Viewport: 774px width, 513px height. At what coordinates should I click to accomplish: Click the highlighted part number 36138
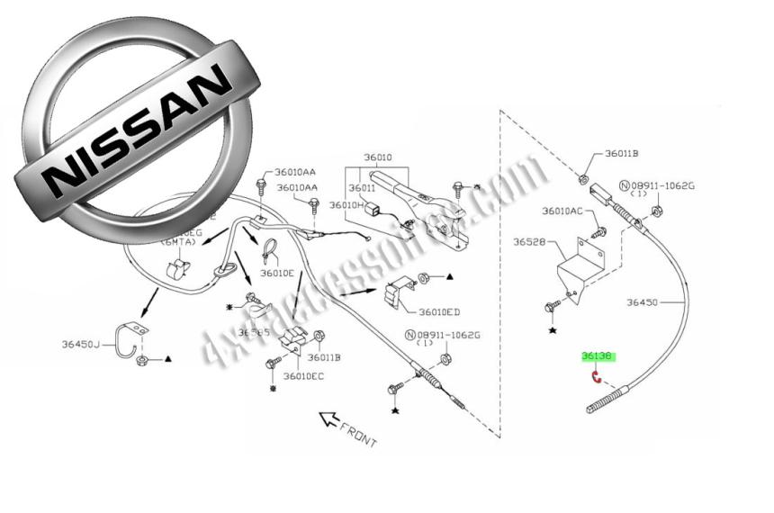598,356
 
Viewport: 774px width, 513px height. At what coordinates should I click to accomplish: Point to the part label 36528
530,242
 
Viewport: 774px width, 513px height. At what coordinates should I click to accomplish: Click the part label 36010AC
562,211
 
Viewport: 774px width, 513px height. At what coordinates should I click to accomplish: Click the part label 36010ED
440,312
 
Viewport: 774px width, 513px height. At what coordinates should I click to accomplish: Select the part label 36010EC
303,375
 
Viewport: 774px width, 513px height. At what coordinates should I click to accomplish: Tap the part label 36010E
277,273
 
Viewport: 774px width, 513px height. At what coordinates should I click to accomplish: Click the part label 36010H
346,205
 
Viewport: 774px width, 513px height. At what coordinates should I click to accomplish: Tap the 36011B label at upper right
622,154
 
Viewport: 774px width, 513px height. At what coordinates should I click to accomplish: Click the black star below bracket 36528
553,332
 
